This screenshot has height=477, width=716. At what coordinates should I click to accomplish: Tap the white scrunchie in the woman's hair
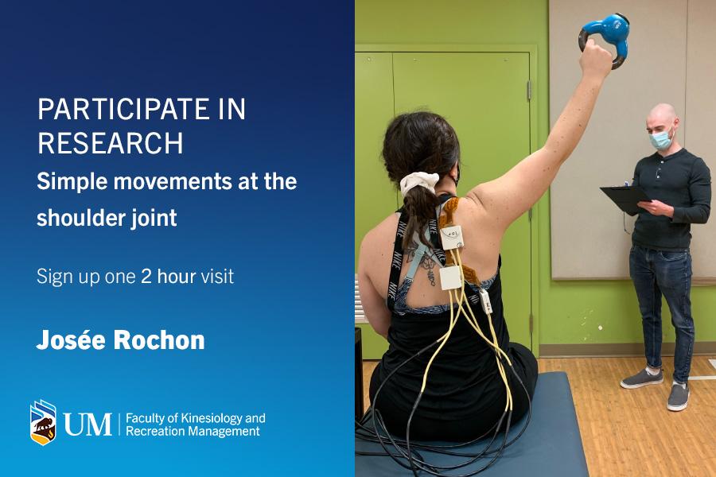coord(418,183)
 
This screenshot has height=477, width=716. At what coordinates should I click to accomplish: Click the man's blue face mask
coord(661,139)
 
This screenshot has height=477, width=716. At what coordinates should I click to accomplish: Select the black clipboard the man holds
coord(625,200)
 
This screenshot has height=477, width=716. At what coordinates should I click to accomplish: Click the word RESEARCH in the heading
coord(110,143)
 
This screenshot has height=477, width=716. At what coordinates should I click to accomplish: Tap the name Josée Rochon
coord(121,340)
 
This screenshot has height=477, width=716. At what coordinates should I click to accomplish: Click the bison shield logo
coord(43,422)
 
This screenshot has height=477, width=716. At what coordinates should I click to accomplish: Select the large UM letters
coord(88,424)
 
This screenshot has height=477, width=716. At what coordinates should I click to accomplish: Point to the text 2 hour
coord(169,277)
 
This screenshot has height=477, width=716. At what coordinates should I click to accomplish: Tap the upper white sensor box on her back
coord(452,237)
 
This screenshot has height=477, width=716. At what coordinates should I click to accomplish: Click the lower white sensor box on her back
coord(450,278)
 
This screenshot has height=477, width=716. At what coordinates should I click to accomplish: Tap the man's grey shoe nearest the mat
coord(641,378)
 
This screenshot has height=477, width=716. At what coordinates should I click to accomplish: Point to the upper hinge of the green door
coord(529,91)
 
